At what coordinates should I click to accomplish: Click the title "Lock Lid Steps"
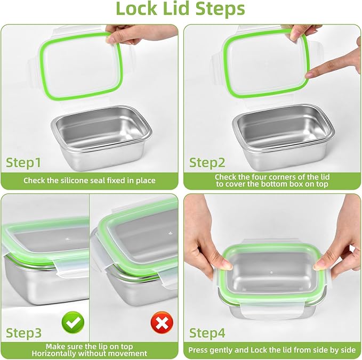click(181, 9)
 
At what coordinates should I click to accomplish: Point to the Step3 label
click(23, 333)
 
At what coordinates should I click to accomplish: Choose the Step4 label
click(208, 333)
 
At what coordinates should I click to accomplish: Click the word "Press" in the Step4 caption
click(199, 351)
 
